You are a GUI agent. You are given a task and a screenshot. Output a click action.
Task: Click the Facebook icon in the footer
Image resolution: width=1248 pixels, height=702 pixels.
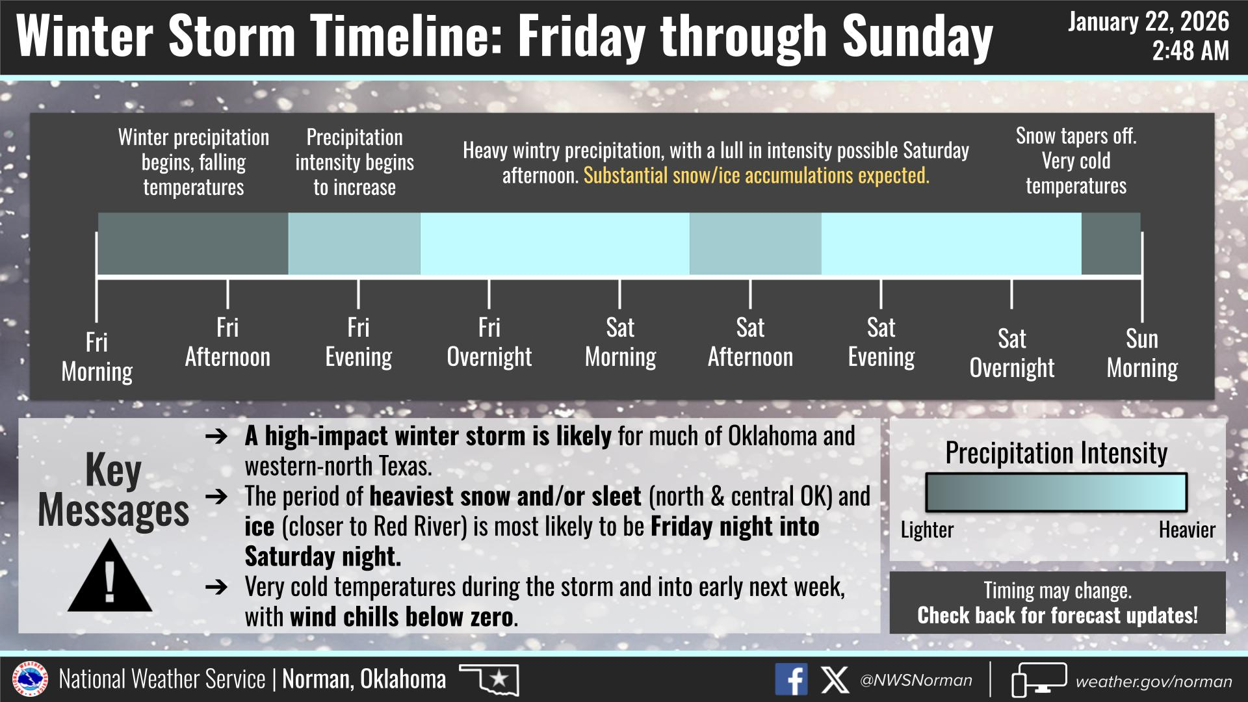(x=791, y=679)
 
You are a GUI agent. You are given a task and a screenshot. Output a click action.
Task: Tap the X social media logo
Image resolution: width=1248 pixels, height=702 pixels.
(x=835, y=680)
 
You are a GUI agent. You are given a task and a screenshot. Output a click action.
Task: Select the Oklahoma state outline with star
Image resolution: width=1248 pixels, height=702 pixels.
(x=489, y=679)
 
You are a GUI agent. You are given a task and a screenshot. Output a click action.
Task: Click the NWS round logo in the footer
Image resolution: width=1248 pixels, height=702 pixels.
(x=30, y=680)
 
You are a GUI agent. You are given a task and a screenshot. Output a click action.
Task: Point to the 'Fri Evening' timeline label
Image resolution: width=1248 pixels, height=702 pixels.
(x=358, y=342)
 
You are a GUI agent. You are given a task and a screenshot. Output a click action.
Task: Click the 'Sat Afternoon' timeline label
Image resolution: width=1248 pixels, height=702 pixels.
(x=750, y=342)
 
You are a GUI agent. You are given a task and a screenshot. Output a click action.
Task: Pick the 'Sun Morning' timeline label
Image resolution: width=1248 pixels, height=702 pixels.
(x=1142, y=353)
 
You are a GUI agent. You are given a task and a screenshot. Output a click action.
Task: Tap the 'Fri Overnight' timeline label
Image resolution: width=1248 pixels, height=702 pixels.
(x=489, y=342)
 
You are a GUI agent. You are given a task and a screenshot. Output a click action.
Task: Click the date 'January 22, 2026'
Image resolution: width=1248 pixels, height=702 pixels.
(x=1149, y=21)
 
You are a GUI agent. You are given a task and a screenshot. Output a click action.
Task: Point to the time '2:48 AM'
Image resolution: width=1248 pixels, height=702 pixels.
(x=1191, y=51)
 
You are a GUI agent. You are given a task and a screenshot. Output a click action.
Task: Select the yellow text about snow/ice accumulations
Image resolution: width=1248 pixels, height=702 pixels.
(x=757, y=175)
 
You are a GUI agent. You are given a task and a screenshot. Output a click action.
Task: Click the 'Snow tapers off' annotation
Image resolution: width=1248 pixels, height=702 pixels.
(x=1076, y=136)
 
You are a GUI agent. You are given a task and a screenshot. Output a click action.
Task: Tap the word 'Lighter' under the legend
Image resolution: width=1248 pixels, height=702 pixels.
(x=927, y=530)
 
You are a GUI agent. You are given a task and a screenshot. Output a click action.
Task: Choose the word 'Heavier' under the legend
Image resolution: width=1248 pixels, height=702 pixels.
(x=1187, y=530)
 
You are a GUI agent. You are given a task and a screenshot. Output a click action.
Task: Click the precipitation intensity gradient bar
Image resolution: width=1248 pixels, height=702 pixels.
(x=1056, y=493)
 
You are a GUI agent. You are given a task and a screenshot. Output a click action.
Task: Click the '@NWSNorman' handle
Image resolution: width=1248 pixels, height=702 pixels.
(x=916, y=681)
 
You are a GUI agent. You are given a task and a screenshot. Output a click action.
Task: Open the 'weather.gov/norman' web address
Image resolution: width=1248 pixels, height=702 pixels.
(x=1154, y=681)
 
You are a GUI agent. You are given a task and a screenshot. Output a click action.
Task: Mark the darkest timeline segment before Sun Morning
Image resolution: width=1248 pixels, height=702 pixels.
(x=1111, y=244)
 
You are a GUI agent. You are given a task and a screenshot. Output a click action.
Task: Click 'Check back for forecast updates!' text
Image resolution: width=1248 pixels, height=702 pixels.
(x=1058, y=615)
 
